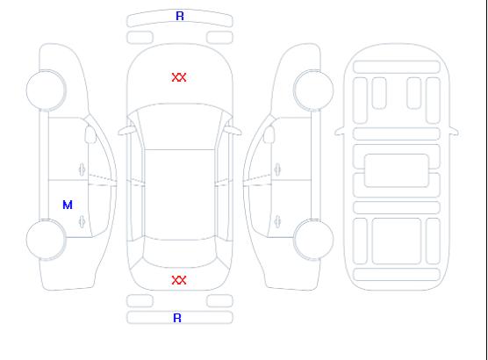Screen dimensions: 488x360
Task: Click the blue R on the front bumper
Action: tap(180, 16)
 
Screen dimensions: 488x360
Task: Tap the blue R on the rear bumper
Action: tap(177, 318)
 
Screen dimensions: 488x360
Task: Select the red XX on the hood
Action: tap(179, 77)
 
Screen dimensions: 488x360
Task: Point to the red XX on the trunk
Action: tap(179, 280)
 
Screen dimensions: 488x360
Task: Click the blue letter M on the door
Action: tap(68, 205)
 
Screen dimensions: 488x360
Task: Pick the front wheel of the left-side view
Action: tap(46, 90)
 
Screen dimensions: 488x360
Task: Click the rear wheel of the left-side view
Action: tap(46, 240)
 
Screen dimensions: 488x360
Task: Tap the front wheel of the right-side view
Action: tap(313, 90)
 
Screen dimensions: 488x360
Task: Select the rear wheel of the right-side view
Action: tap(313, 240)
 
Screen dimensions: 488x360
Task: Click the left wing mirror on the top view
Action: tap(126, 131)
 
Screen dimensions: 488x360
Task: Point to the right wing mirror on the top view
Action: tap(233, 131)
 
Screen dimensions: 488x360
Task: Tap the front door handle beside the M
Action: tap(83, 169)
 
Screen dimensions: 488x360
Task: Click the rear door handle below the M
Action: tap(83, 221)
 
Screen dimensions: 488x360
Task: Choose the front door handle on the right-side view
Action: tap(277, 169)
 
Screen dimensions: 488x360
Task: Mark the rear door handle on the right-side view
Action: tap(277, 221)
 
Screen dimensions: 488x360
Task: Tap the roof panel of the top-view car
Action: tap(180, 195)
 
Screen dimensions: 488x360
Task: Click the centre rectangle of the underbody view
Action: tap(397, 170)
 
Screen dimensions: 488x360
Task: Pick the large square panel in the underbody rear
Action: tap(397, 241)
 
